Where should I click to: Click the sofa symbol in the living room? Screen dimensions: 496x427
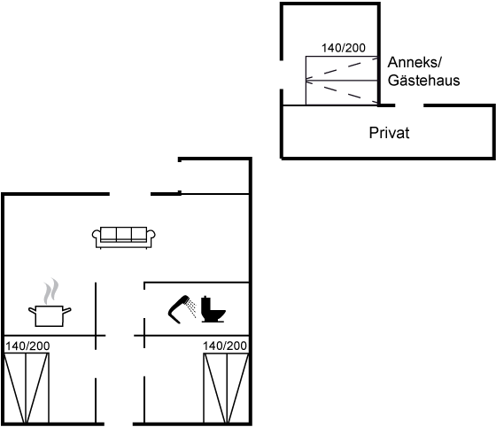124,237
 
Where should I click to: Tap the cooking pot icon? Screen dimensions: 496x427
50,316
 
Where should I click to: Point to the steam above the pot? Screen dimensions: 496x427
51,291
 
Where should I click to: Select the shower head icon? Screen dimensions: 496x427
178,309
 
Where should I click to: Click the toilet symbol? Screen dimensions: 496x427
213,309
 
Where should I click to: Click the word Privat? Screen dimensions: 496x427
389,133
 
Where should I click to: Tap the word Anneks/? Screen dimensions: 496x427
415,62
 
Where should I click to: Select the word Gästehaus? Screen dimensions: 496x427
423,80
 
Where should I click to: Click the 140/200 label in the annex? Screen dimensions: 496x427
344,48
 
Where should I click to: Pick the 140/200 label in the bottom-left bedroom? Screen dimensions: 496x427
27,346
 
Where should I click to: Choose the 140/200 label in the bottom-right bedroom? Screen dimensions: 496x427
225,345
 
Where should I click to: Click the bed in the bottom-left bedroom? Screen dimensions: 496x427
27,388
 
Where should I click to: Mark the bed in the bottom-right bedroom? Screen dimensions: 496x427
226,389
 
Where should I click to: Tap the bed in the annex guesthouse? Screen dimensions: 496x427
342,81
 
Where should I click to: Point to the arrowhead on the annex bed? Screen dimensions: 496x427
309,81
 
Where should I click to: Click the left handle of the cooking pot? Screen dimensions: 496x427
32,311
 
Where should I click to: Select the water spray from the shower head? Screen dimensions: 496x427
191,308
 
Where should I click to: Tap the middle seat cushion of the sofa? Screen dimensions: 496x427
124,234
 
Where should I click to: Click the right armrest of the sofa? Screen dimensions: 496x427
151,235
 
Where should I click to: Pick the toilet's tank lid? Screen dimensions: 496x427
205,298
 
